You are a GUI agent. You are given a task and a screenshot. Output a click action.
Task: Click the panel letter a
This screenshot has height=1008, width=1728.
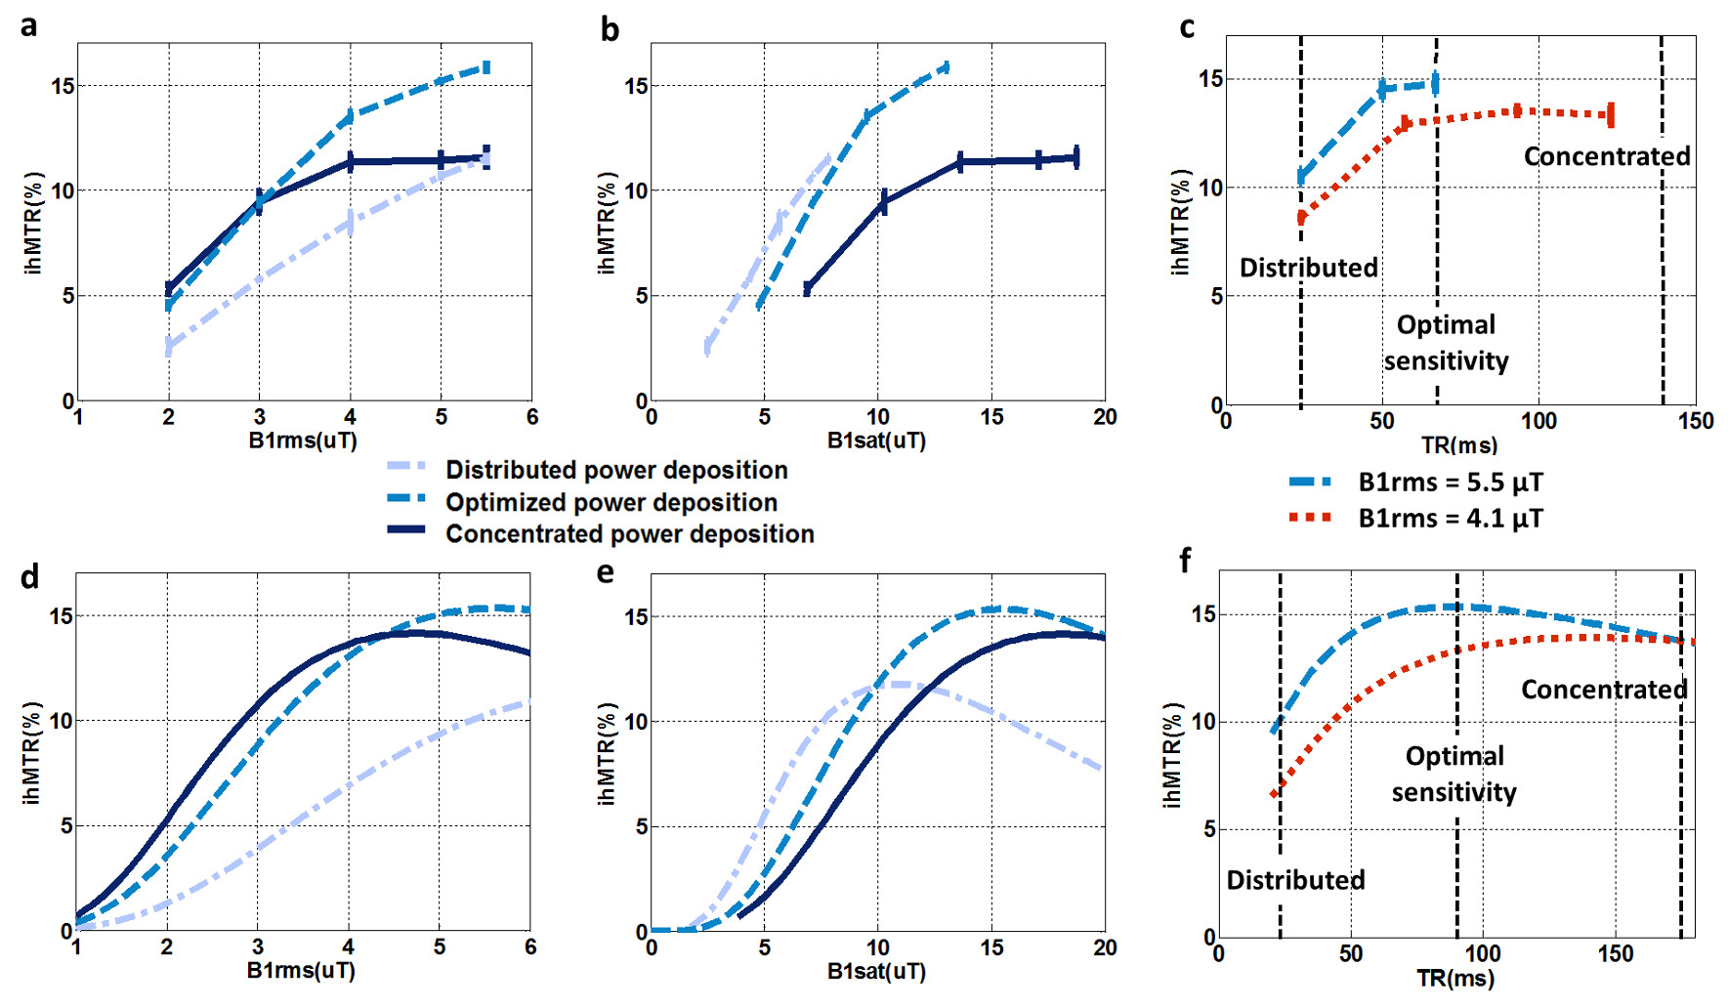pos(29,24)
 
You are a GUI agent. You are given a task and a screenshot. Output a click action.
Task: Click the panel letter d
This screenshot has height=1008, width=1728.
pos(29,577)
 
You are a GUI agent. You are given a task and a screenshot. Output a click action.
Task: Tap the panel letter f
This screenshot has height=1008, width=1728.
pos(1185,561)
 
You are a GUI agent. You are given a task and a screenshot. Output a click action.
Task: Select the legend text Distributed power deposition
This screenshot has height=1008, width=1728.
pos(616,470)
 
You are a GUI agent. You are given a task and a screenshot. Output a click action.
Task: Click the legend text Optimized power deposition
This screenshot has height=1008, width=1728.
pos(611,502)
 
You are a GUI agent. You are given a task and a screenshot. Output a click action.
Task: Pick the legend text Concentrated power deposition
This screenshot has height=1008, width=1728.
pos(630,534)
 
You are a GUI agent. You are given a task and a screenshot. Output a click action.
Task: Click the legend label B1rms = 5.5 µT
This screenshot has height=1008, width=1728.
pos(1451,483)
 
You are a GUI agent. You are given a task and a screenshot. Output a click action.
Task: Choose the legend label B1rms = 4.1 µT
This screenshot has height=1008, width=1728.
pos(1451,518)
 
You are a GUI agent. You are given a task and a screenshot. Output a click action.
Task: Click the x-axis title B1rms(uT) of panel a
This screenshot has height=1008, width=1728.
pos(303,441)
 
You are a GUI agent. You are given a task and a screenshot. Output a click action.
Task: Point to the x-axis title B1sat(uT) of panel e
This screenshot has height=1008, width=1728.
pos(876,972)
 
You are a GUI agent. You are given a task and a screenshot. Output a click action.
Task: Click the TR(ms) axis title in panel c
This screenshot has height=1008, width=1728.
pos(1459,445)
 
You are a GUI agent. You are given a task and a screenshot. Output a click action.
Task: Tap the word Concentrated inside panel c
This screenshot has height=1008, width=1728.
pos(1607,156)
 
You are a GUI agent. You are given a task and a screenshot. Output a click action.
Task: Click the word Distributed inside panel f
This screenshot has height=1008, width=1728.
pos(1295,880)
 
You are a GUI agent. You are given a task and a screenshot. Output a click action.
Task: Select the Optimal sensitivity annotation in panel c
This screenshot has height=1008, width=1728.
pos(1446,343)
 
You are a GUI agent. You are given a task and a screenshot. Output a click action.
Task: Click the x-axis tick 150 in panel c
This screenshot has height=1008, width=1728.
pos(1696,421)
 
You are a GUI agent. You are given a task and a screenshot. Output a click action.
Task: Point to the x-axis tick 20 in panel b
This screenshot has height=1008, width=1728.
pos(1105,417)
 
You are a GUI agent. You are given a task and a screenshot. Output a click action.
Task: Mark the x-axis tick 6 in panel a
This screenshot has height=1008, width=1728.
pos(531,417)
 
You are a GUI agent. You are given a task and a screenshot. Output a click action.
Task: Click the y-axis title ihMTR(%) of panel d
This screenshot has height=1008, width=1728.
pos(32,752)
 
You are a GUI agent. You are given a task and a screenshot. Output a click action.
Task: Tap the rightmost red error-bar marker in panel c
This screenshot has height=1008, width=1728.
pos(1610,115)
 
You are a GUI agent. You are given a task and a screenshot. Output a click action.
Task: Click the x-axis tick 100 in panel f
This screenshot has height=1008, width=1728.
pos(1482,953)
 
